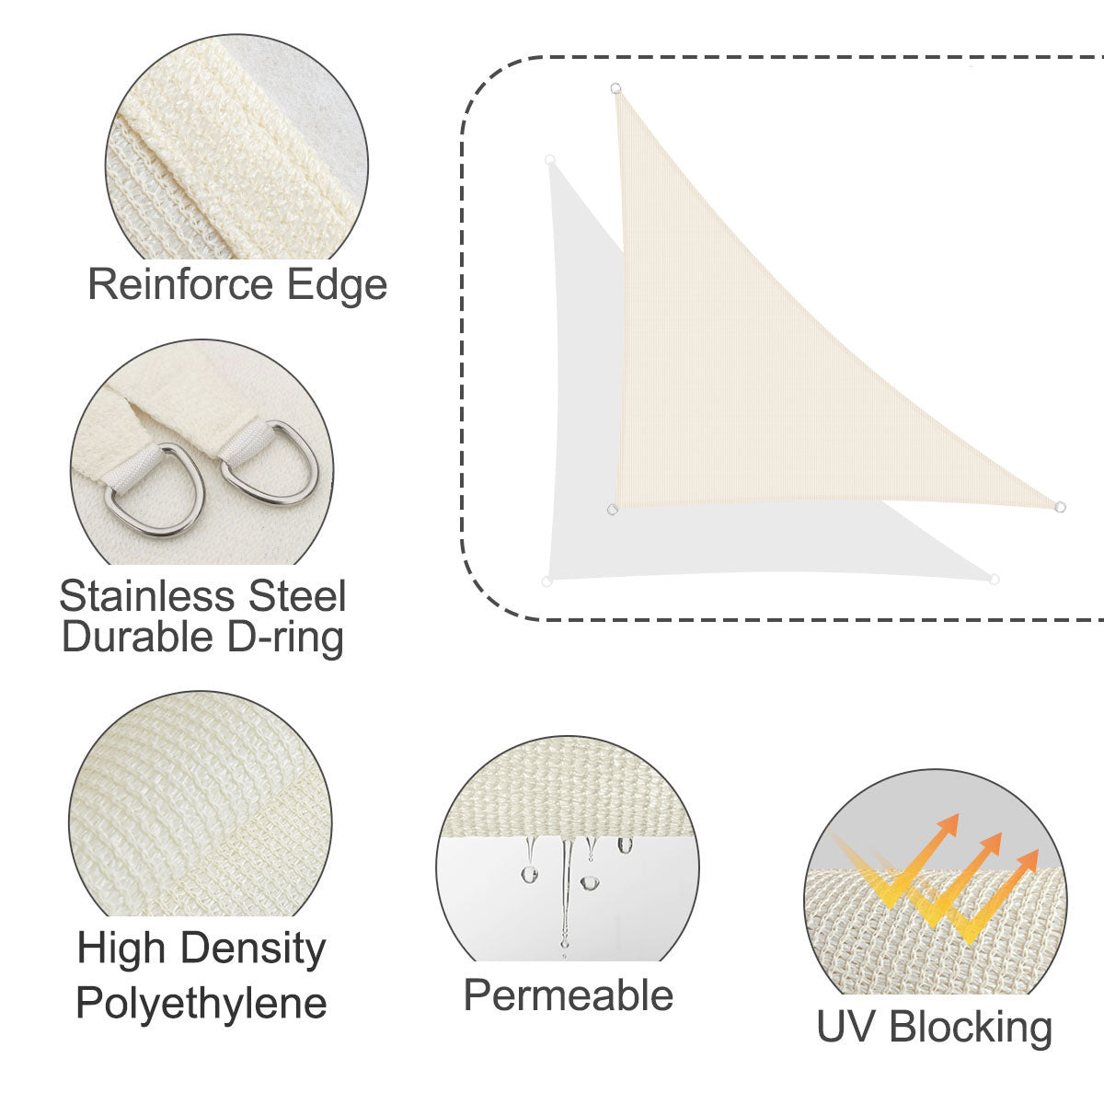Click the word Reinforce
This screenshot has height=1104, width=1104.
[x=180, y=284]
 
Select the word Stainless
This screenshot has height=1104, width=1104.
[x=147, y=595]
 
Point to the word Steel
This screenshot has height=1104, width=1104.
[x=297, y=595]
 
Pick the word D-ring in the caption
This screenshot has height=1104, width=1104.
[x=284, y=638]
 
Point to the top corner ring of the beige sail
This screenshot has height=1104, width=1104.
[x=615, y=88]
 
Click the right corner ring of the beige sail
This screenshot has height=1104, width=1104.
[x=1060, y=506]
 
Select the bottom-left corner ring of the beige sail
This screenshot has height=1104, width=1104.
[x=613, y=509]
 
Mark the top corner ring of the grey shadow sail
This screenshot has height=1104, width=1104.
[x=550, y=160]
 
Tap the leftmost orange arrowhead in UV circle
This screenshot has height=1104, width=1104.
[x=949, y=823]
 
